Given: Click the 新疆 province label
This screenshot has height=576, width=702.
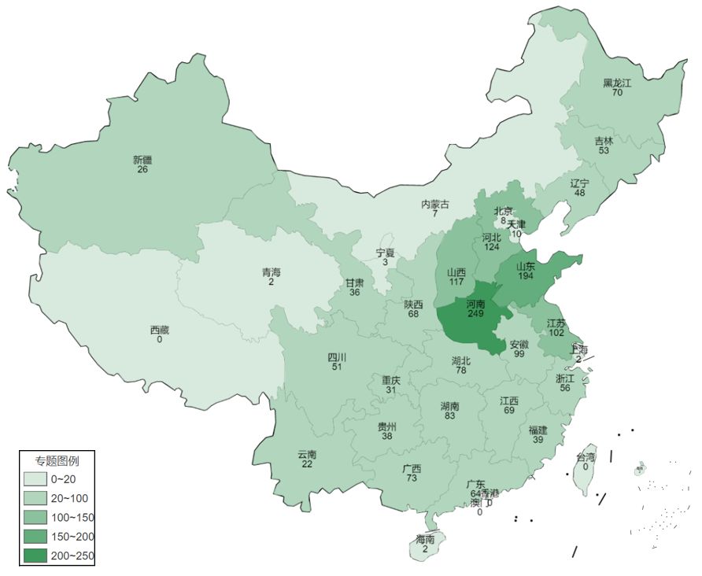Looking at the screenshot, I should (x=142, y=160).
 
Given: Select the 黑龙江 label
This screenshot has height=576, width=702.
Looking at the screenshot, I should (x=617, y=83).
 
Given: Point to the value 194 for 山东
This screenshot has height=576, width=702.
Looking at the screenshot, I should (x=526, y=278).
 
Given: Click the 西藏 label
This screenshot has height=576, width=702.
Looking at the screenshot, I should (x=159, y=330).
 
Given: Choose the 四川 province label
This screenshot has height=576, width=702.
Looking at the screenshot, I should (x=337, y=357).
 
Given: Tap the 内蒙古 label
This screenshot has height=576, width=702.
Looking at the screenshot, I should (x=434, y=205).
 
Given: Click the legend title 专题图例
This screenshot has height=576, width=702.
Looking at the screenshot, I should (x=57, y=460).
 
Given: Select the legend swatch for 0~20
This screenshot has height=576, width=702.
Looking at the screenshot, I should (x=35, y=479).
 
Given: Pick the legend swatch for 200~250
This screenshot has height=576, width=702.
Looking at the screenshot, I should (x=35, y=555).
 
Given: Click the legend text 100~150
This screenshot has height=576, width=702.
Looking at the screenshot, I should (x=72, y=517).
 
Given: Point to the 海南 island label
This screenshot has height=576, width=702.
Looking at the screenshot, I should (x=425, y=540).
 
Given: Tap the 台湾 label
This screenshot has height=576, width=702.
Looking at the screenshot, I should (x=586, y=457).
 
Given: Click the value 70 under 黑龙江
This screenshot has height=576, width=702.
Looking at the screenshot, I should (x=617, y=93).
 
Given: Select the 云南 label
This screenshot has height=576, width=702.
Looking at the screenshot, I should (x=307, y=455).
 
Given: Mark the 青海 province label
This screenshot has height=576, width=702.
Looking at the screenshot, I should (x=271, y=272).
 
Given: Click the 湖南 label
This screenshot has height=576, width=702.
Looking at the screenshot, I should (x=449, y=406).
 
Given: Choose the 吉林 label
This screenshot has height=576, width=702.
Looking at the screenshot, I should (x=604, y=141).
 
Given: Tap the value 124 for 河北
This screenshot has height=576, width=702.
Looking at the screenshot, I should (x=492, y=247).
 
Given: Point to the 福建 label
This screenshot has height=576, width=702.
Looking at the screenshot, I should (x=538, y=430).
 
